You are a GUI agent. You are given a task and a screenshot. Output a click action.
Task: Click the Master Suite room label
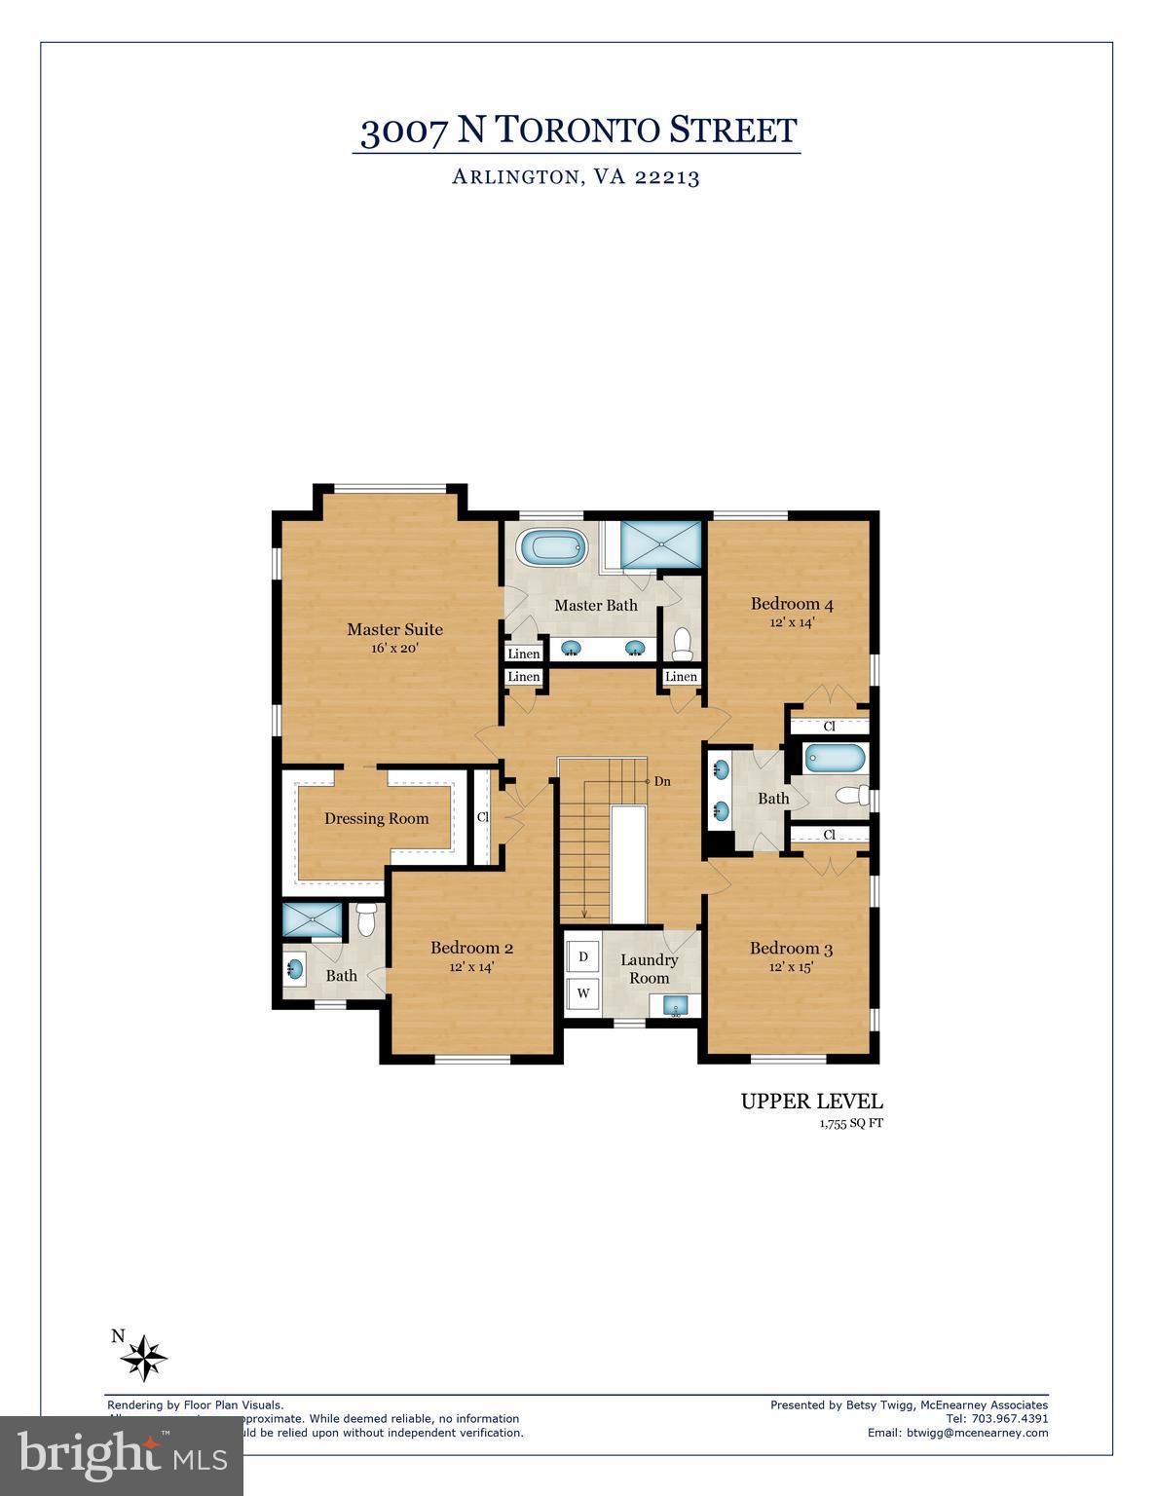point(394,629)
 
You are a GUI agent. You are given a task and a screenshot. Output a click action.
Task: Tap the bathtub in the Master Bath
point(554,547)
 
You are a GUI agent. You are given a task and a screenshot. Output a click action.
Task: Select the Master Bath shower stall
point(660,543)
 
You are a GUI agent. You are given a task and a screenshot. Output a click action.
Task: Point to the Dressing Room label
point(376,818)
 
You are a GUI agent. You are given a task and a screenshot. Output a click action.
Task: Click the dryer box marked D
point(583,956)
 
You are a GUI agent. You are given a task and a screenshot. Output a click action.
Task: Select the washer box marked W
point(583,993)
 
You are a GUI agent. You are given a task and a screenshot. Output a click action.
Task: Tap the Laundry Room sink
point(675,1006)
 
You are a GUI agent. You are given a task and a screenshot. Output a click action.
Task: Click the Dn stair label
point(662,781)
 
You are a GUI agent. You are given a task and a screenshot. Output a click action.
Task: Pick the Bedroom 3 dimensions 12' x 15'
point(790,967)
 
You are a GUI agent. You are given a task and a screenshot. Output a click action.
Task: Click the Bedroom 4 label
point(791,604)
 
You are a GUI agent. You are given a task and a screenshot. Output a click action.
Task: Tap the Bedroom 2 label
point(471,948)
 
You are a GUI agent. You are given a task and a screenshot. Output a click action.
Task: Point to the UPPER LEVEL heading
point(811,1102)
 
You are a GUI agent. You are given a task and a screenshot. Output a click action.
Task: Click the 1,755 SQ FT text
point(850,1123)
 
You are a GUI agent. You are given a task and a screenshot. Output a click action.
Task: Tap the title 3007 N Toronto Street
point(577,131)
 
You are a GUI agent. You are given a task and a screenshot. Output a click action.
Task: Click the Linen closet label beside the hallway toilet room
point(681,677)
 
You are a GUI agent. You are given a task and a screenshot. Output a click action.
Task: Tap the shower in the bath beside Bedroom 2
point(311,918)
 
